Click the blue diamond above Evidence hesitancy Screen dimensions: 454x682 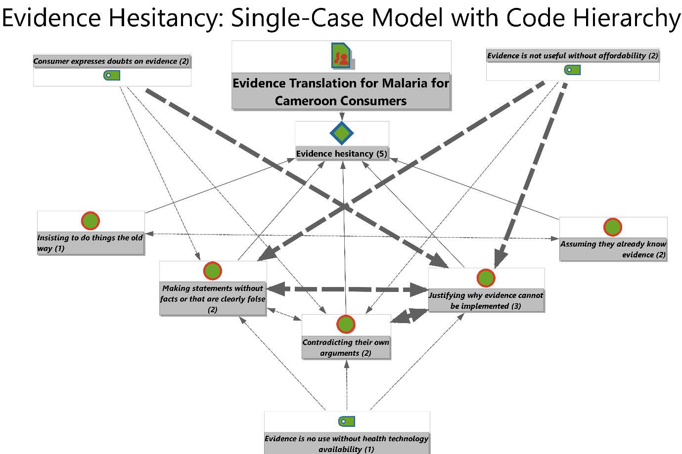pos(342,133)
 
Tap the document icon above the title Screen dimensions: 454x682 pos(341,56)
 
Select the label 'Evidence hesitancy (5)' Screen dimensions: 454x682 pos(341,154)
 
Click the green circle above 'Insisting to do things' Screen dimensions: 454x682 pos(91,221)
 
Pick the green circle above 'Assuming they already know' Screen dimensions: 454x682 pos(613,227)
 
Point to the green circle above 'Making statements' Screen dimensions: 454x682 pos(213,271)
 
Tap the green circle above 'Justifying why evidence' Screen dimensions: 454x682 pos(486,278)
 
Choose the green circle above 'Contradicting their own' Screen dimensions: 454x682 pos(346,325)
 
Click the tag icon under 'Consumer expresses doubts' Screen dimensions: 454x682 pos(112,75)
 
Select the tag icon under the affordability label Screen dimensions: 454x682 pos(572,70)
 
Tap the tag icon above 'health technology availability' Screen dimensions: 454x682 pos(347,421)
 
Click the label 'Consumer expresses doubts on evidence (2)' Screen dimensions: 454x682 pos(111,61)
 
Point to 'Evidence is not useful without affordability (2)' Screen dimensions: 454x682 pos(573,56)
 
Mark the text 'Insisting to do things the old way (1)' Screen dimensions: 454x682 pos(90,243)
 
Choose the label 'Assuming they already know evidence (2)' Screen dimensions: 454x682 pos(613,249)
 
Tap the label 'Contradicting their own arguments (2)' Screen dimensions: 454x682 pos(346,347)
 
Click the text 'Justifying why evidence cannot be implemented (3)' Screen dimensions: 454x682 pos(486,300)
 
